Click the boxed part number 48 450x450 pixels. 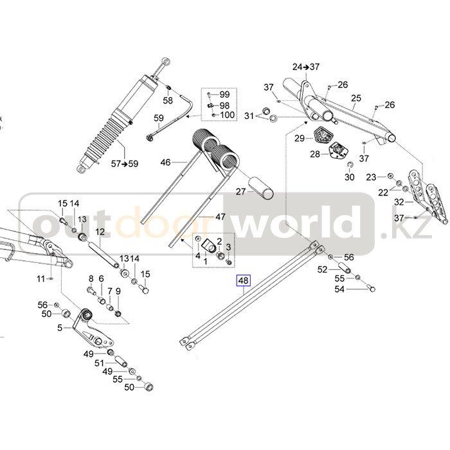[x=244, y=280]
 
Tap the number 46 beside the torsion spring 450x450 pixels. [x=165, y=163]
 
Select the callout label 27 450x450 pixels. [x=240, y=192]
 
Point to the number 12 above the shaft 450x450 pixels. [x=100, y=232]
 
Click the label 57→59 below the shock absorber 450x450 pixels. [x=124, y=164]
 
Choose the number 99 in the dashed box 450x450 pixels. [x=224, y=95]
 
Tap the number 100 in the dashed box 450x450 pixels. [x=227, y=115]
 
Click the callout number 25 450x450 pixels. [x=356, y=98]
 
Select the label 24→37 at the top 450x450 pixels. [x=306, y=67]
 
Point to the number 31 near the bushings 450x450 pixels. [x=249, y=116]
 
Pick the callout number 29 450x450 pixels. [x=300, y=138]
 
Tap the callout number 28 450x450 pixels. [x=315, y=154]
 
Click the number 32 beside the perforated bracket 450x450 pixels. [x=399, y=202]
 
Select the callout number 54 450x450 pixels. [x=340, y=290]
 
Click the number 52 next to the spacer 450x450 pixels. [x=323, y=270]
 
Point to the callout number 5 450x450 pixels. [x=60, y=328]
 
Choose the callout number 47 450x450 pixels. [x=220, y=217]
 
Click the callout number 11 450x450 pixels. [x=41, y=278]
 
